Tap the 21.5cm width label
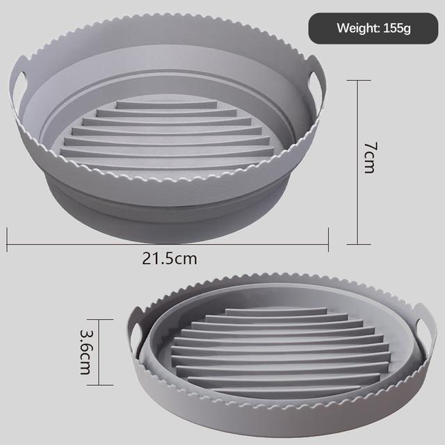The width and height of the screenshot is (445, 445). [x=170, y=259]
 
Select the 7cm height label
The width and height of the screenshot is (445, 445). [x=371, y=158]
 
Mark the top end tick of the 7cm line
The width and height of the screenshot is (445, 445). [x=357, y=80]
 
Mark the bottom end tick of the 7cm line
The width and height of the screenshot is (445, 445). [x=357, y=244]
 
